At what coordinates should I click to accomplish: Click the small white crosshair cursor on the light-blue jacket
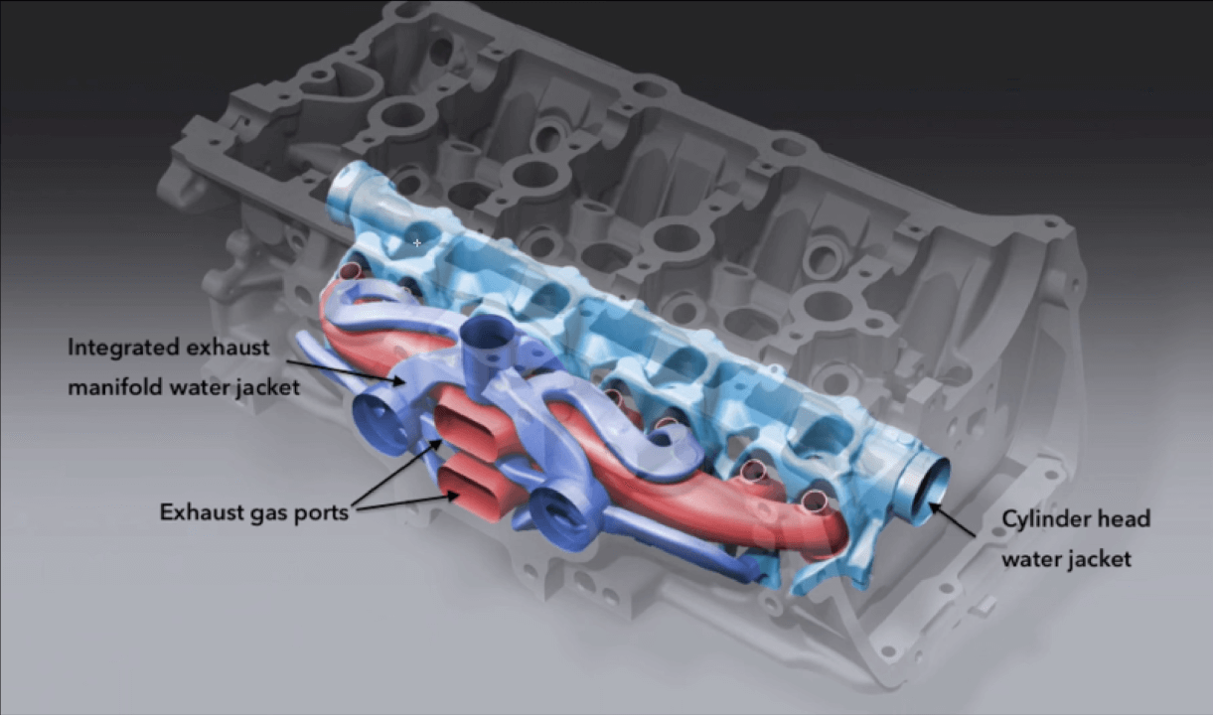point(417,242)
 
